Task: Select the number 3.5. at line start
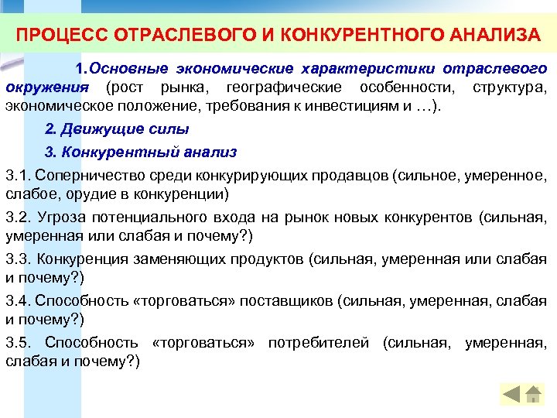coord(20,342)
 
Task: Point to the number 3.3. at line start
coord(19,259)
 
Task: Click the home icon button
coord(534,395)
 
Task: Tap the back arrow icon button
coord(511,395)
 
